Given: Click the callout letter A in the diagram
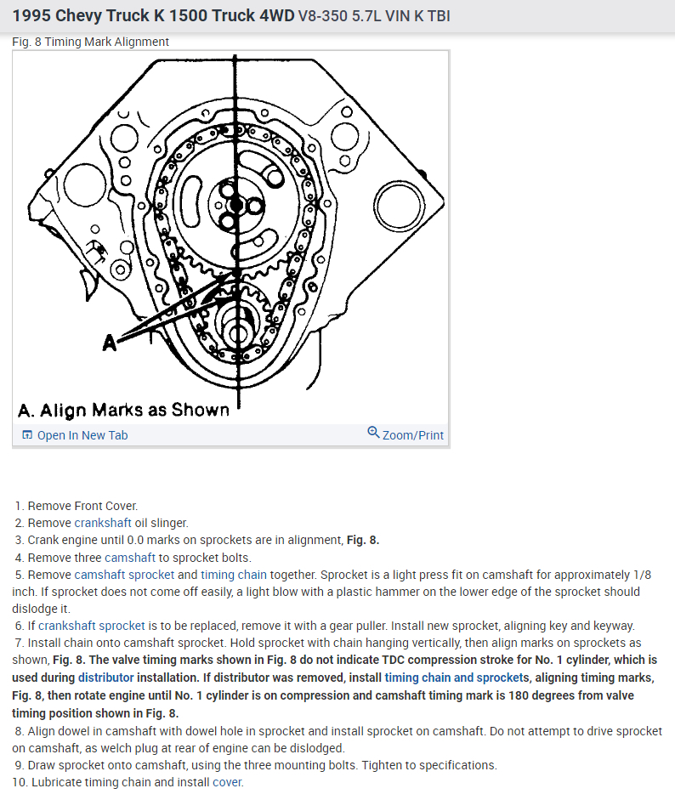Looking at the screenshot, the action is click(109, 342).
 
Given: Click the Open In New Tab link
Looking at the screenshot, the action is click(82, 435).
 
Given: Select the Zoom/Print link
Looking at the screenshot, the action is click(413, 435).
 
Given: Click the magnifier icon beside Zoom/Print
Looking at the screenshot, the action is click(373, 433).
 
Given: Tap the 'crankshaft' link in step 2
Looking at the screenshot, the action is click(103, 523).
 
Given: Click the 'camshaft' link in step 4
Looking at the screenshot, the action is click(129, 558).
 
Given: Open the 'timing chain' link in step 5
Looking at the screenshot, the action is click(234, 575).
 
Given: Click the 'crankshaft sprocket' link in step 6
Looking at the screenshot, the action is click(92, 626).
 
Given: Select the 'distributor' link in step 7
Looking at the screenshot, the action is click(106, 678).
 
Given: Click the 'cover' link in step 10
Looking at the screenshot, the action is click(227, 782).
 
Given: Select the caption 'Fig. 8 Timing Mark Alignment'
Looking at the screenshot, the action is click(91, 42).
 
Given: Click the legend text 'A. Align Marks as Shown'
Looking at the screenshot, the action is click(123, 410).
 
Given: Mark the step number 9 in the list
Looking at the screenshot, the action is click(19, 765).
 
